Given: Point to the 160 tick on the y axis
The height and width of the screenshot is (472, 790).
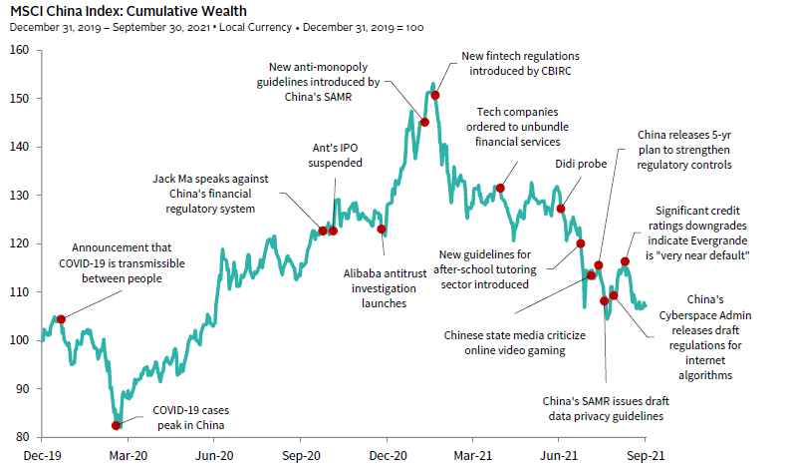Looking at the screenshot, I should (x=20, y=50).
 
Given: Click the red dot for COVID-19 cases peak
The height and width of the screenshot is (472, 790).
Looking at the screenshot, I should (x=117, y=425).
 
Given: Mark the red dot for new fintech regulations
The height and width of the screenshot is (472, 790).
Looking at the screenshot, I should (x=435, y=95).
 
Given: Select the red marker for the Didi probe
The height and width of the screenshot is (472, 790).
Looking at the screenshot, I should (x=561, y=209).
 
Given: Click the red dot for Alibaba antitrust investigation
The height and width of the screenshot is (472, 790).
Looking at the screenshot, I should (x=382, y=230).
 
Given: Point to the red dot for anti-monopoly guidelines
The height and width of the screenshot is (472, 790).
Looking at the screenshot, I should (x=425, y=122).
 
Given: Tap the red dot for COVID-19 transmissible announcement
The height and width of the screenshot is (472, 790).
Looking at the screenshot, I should (x=61, y=319).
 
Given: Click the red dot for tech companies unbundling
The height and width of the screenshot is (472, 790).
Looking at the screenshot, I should (x=500, y=188).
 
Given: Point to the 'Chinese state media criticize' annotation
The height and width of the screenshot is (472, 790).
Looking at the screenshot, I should (x=513, y=335).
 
